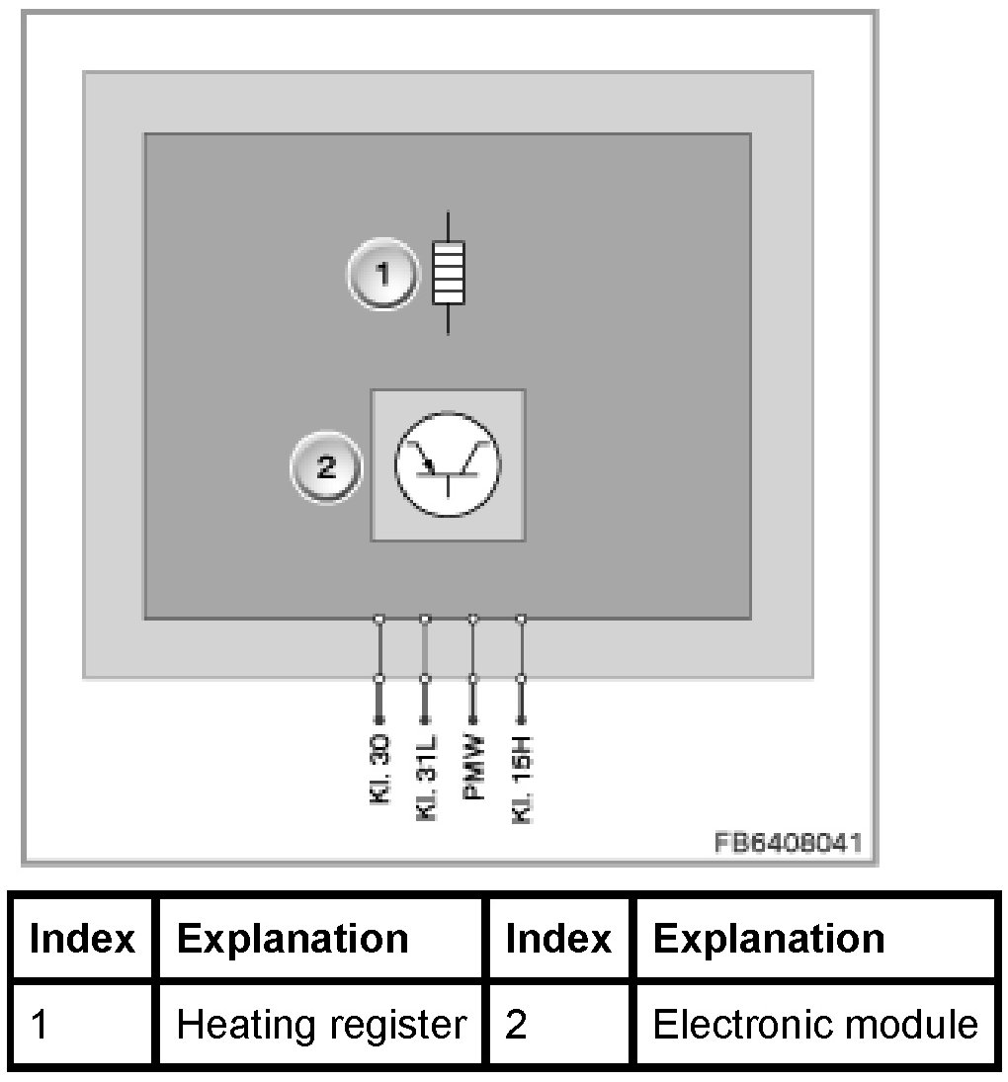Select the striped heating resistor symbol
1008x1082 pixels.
(x=449, y=273)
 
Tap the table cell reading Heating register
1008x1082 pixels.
(x=320, y=1025)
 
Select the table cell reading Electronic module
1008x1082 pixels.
(x=815, y=1025)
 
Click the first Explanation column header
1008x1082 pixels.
(x=293, y=938)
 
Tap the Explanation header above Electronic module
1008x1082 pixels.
(x=769, y=938)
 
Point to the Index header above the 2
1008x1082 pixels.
(x=558, y=938)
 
